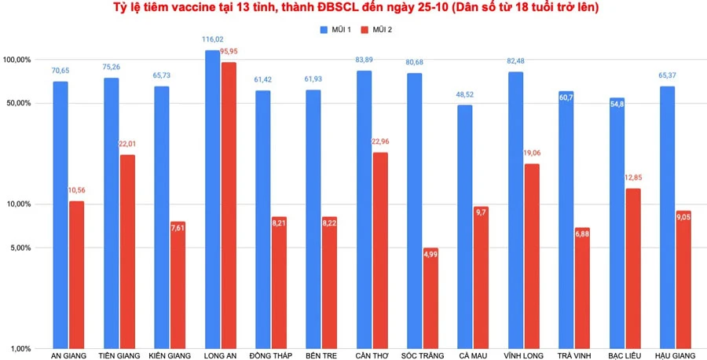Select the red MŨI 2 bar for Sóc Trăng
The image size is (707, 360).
point(430,298)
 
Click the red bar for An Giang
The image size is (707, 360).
point(76,274)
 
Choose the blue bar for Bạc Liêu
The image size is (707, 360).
point(617,223)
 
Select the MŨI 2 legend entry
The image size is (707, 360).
point(376,29)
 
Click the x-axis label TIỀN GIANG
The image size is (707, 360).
point(119,356)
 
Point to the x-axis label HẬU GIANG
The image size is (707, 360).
point(675,356)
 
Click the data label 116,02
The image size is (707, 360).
point(211,39)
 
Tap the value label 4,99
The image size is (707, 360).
point(430,254)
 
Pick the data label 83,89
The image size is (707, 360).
point(364,60)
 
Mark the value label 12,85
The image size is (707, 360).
point(633,178)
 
